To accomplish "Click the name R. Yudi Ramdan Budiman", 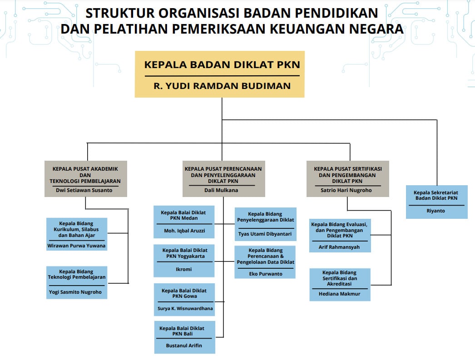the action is click(x=222, y=86).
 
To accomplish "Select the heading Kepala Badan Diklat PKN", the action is click(x=222, y=64).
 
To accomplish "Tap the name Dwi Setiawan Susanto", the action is click(x=84, y=190).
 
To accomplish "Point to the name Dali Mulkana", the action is click(x=221, y=190).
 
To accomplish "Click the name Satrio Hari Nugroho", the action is click(x=346, y=190).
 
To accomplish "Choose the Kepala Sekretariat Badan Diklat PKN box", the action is click(x=436, y=202).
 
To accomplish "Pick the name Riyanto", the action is click(x=435, y=211).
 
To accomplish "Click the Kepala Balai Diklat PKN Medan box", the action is click(x=184, y=222).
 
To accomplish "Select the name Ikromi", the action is click(x=183, y=269).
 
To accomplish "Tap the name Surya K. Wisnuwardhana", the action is click(x=185, y=309).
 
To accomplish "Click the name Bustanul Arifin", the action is click(x=184, y=345).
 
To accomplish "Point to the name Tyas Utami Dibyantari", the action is click(x=265, y=234).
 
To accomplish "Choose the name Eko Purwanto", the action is click(x=266, y=274).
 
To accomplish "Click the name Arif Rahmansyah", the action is click(x=339, y=247).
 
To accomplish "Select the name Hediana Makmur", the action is click(x=339, y=294).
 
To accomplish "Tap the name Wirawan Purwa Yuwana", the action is click(x=76, y=246).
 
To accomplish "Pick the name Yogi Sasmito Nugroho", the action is click(x=75, y=292).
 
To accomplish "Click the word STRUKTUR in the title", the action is click(x=120, y=13).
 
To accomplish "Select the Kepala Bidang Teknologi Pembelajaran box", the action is click(x=77, y=282).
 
